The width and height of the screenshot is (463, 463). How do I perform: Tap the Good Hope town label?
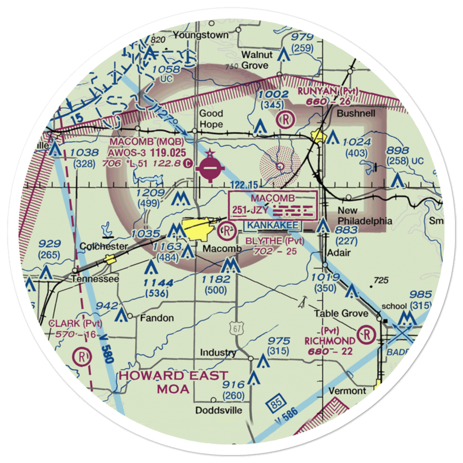pyautogui.click(x=211, y=119)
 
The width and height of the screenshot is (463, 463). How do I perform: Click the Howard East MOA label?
pyautogui.click(x=174, y=382)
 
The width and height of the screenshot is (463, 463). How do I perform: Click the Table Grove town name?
pyautogui.click(x=348, y=313)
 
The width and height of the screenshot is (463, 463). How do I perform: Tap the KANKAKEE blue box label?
pyautogui.click(x=273, y=225)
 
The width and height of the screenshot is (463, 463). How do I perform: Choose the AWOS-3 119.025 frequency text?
pyautogui.click(x=148, y=152)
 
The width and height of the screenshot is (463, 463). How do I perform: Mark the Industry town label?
pyautogui.click(x=218, y=353)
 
